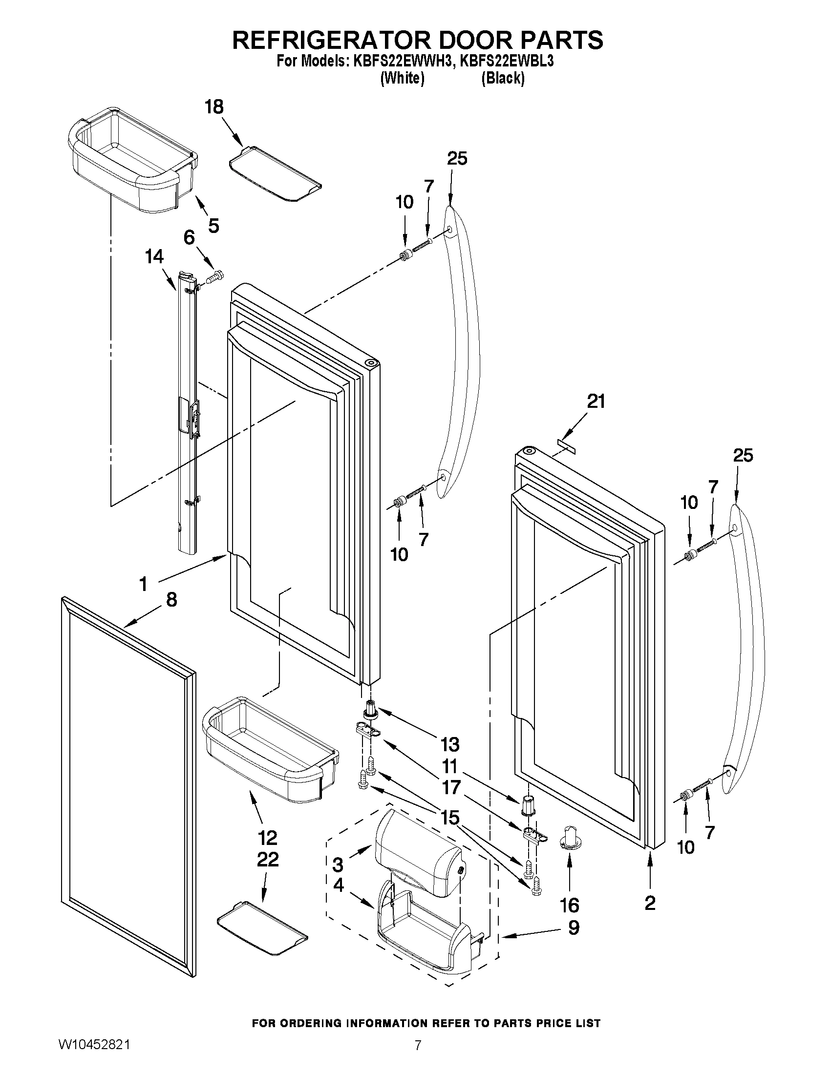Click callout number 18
coord(214,107)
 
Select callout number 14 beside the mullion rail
coord(154,257)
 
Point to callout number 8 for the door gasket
coord(171,600)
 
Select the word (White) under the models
coord(402,78)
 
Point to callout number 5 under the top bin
coord(213,226)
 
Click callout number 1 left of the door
coord(143,584)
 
